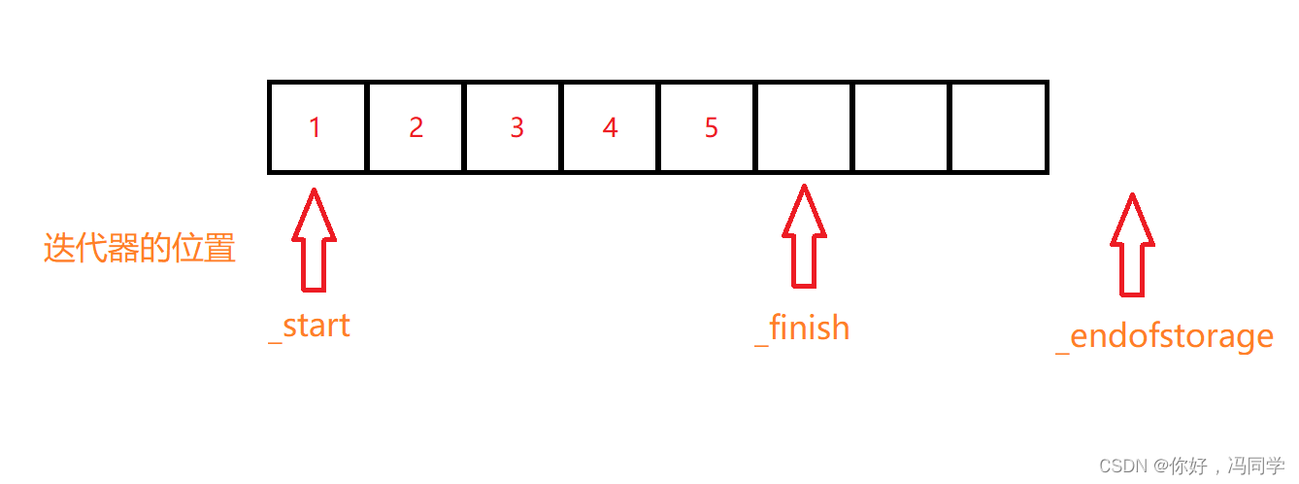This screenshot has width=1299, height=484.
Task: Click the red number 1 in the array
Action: (315, 127)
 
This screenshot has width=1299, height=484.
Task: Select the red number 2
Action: (416, 127)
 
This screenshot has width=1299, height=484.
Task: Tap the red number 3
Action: (516, 127)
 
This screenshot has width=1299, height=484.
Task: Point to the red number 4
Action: (610, 127)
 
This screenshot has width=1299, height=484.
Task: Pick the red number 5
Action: (712, 127)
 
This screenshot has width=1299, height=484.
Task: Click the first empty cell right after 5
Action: (804, 127)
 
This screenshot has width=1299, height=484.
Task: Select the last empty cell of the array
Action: (998, 127)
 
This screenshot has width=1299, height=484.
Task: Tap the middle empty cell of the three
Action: (901, 127)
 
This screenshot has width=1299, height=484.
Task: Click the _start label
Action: (310, 327)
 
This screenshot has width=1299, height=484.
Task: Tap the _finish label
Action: (802, 328)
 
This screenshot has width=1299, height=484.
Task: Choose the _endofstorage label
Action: (1164, 336)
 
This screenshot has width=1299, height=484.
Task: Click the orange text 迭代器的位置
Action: (140, 249)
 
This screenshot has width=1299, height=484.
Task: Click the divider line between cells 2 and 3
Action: (465, 127)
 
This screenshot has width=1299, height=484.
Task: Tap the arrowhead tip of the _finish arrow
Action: (804, 188)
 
